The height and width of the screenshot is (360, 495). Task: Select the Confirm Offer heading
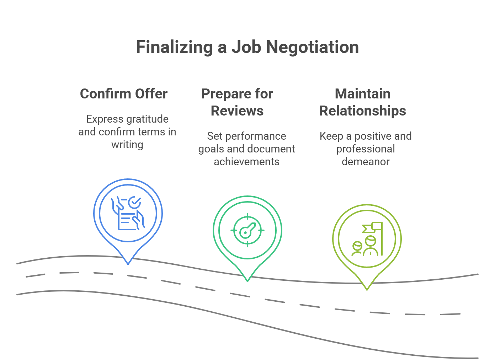tap(124, 94)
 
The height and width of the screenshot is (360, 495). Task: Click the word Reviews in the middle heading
tap(237, 111)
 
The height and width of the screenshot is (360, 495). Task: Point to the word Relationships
tap(363, 111)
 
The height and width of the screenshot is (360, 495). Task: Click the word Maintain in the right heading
tap(363, 94)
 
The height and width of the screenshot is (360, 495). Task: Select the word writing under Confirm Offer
tap(127, 145)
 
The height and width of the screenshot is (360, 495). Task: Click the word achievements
tap(246, 162)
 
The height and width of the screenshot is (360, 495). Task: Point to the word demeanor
tap(366, 162)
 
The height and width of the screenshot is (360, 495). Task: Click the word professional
tap(366, 149)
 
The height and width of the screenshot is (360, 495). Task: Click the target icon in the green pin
tap(247, 231)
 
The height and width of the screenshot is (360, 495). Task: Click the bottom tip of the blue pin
tap(128, 264)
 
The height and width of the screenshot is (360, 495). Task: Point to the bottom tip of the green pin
tap(247, 281)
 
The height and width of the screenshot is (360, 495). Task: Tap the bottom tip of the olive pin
tap(367, 289)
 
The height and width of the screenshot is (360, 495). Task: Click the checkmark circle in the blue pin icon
tap(134, 203)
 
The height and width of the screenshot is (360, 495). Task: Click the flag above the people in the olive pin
tap(372, 227)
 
